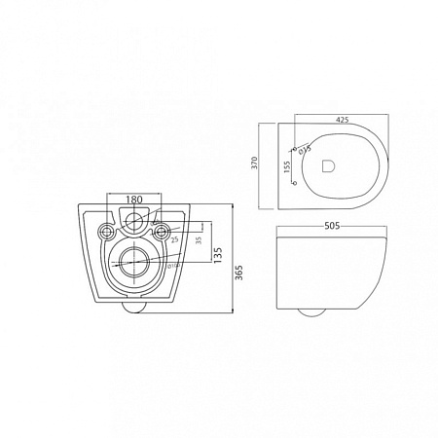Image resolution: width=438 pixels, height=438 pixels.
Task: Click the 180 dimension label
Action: click(135, 198)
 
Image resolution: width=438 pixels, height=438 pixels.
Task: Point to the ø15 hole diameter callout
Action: click(306, 150)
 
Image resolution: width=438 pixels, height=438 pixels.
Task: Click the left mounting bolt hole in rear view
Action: click(106, 231)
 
